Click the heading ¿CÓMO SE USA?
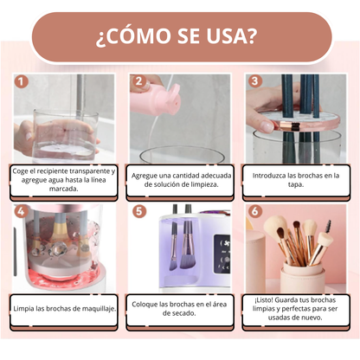coord(180,37)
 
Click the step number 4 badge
coord(19,210)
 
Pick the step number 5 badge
coord(137,210)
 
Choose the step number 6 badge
coord(254,210)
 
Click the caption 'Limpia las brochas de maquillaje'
coord(63,307)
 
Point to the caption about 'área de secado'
coord(181,307)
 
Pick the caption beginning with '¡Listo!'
coord(297,307)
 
